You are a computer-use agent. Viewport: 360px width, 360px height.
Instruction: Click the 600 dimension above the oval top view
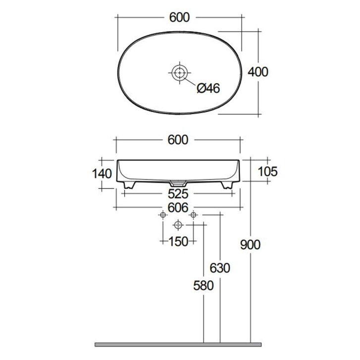click(180, 17)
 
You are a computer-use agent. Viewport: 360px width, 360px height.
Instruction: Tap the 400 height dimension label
click(258, 72)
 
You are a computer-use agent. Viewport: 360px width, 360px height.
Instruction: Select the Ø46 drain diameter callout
click(208, 88)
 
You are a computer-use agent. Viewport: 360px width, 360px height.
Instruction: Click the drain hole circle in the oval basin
click(180, 73)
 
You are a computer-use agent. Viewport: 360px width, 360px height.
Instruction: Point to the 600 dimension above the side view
click(178, 140)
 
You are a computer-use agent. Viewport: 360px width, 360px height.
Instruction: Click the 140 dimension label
click(102, 174)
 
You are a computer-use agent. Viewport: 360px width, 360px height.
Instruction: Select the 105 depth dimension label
click(268, 171)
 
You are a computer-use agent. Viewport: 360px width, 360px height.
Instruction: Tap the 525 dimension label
click(178, 194)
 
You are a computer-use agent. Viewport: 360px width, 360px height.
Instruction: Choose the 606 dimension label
click(178, 208)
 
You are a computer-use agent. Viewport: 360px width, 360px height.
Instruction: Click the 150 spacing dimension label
click(178, 241)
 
